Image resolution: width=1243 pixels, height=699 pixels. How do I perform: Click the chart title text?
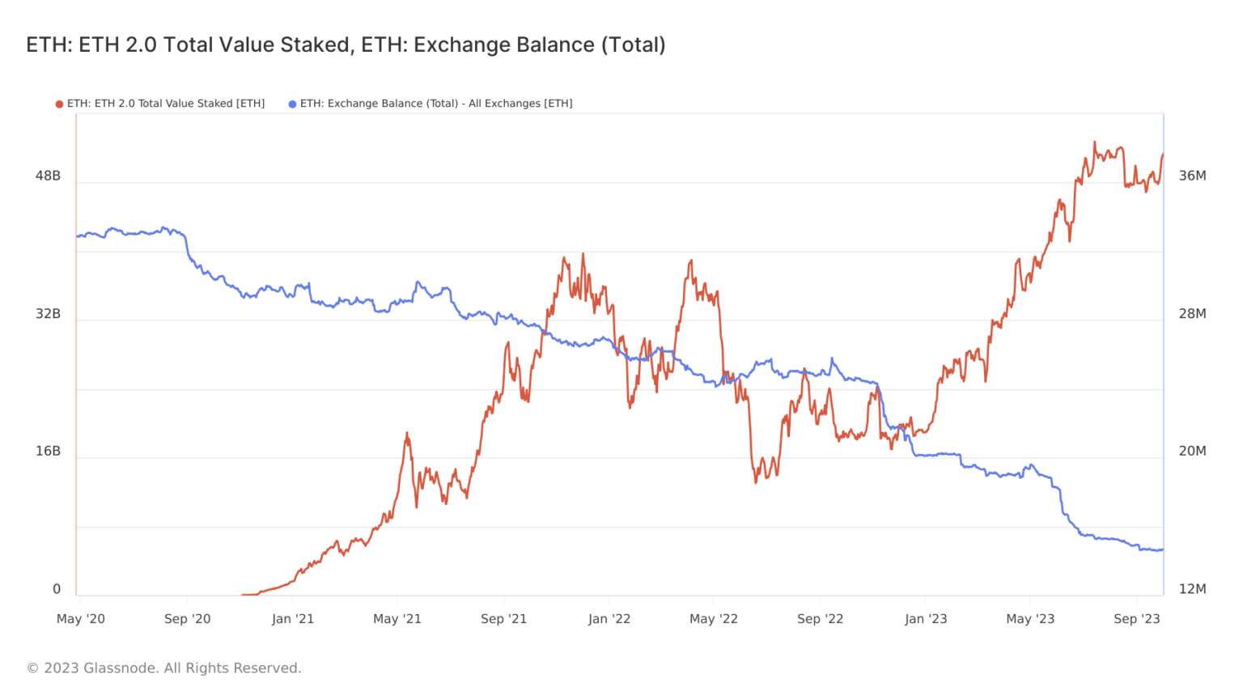tap(346, 44)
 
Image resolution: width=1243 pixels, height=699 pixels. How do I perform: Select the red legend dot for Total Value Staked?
tap(59, 104)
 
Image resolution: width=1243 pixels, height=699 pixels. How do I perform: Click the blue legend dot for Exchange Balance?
tap(292, 104)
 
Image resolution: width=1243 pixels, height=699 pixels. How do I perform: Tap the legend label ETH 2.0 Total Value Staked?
tap(166, 104)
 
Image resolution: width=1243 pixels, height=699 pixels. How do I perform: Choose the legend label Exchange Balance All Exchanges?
tap(436, 104)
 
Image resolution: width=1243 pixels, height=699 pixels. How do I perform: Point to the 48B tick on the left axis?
tap(48, 176)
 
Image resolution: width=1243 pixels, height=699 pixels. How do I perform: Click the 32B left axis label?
tap(48, 314)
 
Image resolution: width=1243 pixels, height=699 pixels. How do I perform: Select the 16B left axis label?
tap(48, 451)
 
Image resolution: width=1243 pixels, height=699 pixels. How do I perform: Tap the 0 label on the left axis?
tap(57, 589)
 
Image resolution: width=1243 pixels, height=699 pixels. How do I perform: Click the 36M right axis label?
tap(1192, 176)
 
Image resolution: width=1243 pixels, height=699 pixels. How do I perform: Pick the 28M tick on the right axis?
tap(1192, 314)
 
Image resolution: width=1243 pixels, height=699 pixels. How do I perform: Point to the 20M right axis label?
tap(1192, 451)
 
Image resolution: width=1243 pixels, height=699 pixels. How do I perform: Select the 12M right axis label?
tap(1192, 589)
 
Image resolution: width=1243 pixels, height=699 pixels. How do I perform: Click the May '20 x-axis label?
tap(81, 619)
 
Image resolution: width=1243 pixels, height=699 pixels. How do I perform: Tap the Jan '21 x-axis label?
tap(293, 619)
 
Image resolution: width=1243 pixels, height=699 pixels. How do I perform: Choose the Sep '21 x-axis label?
tap(503, 619)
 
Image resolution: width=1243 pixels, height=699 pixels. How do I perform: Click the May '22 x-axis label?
tap(714, 619)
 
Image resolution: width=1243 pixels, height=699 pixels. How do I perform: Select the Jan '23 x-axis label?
tap(926, 619)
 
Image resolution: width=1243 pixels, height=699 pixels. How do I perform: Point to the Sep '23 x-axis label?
tap(1136, 619)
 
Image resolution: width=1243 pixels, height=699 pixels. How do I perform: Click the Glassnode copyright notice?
tap(164, 668)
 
